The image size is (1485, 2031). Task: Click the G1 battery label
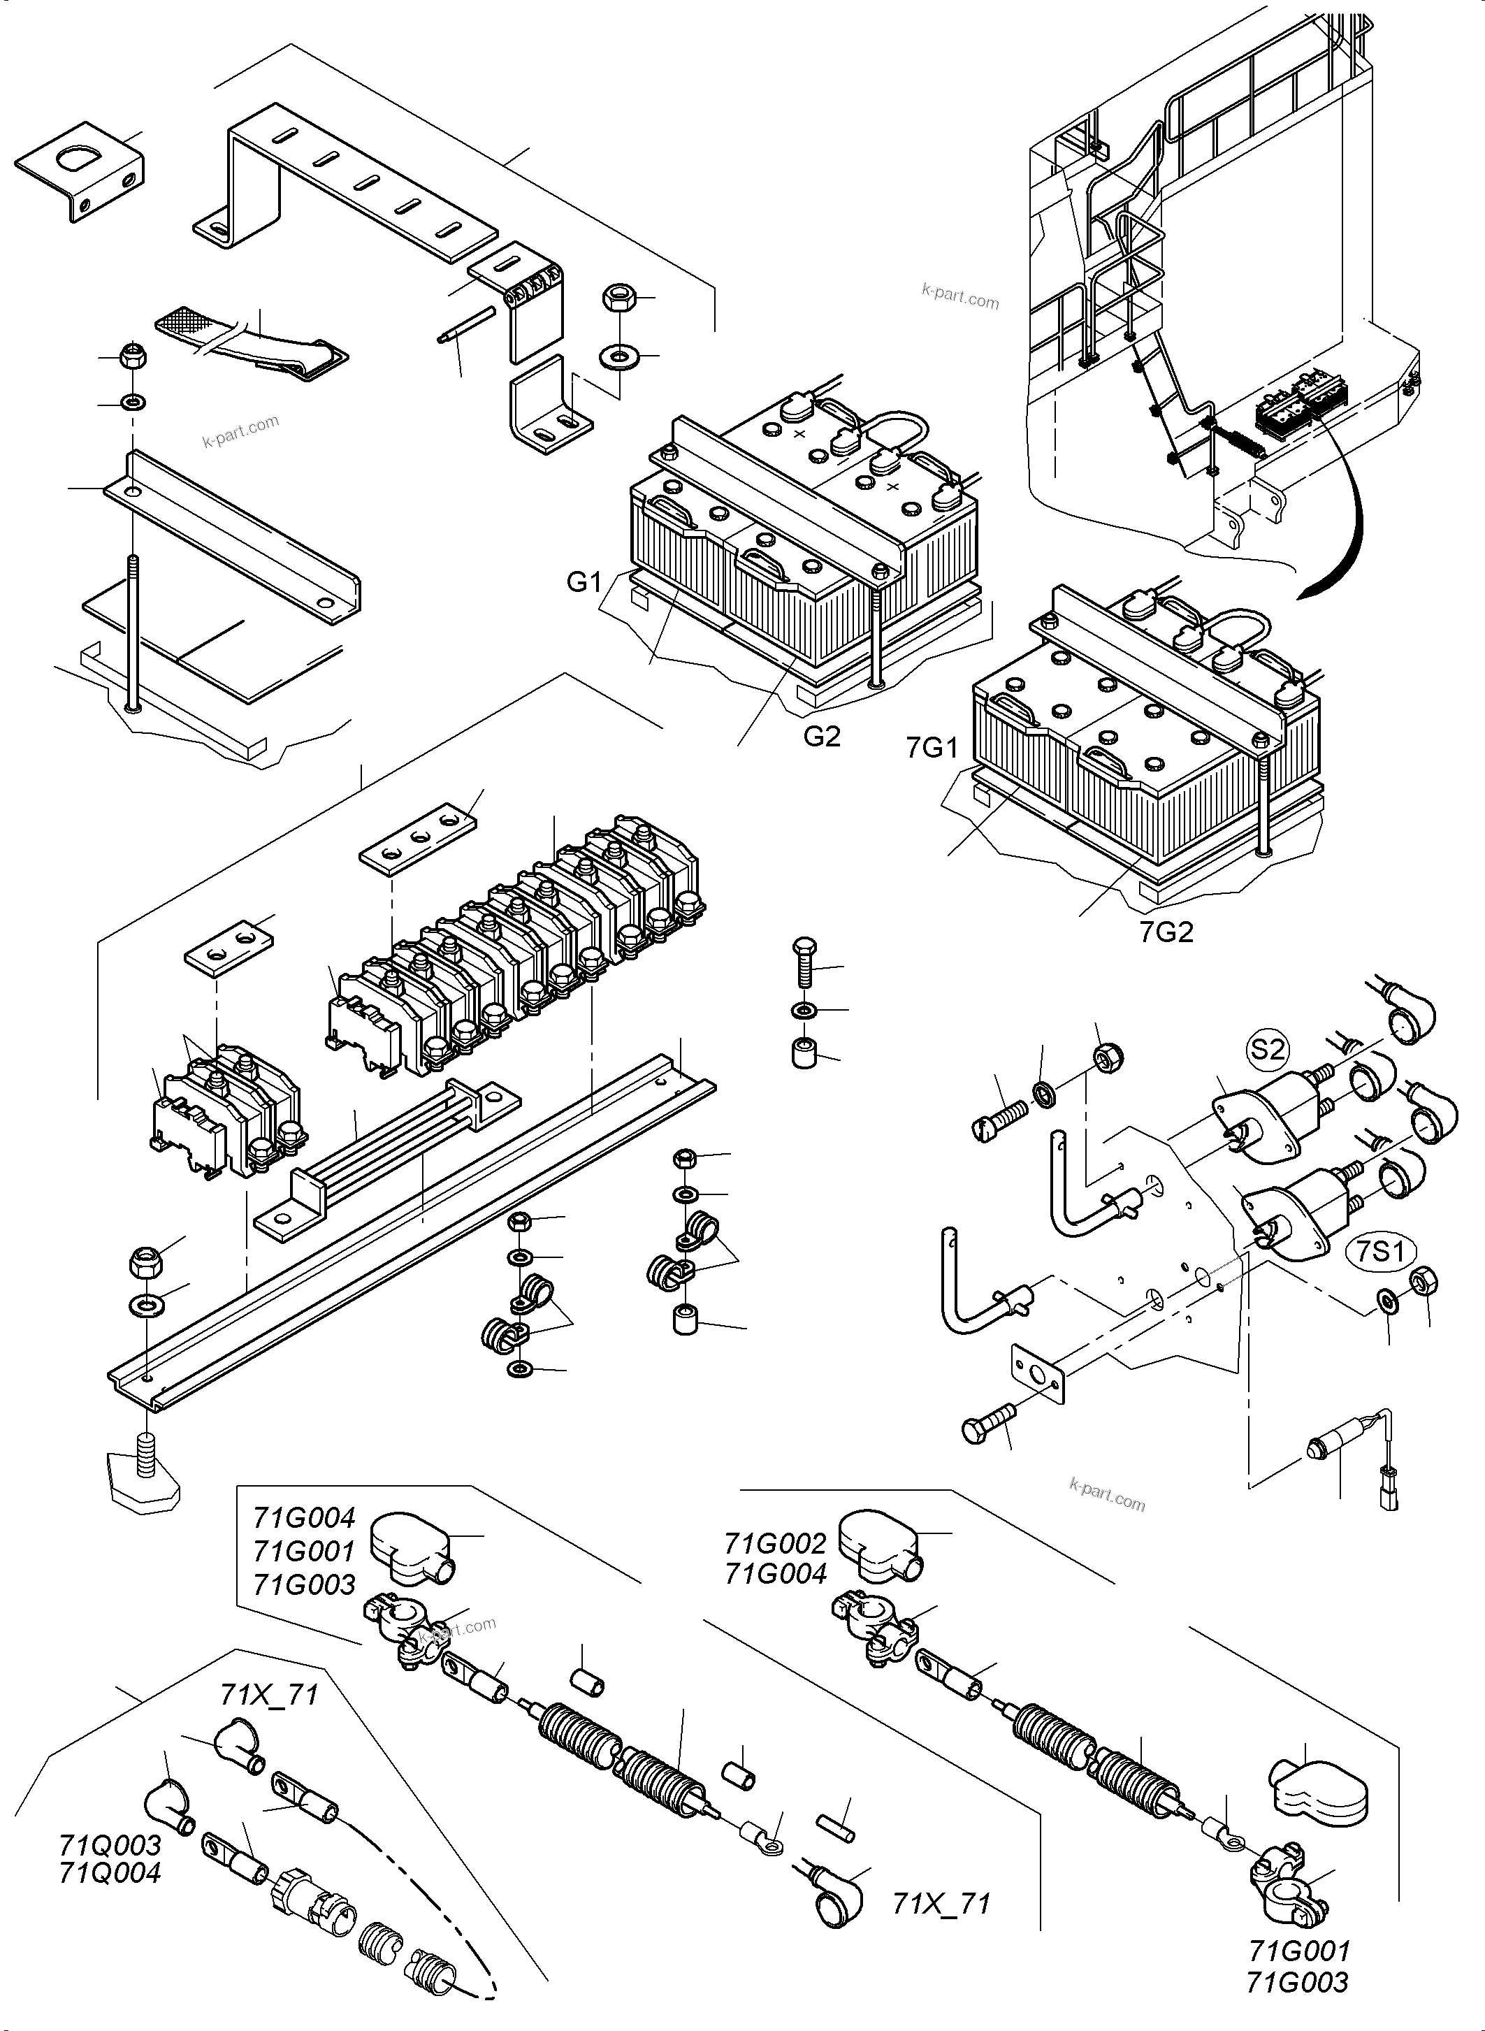(x=584, y=583)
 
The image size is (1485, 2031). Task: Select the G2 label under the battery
(x=822, y=737)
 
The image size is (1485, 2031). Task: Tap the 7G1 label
(x=933, y=747)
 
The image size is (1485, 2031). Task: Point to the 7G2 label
(x=1166, y=932)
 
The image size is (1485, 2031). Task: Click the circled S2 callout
(x=1268, y=1048)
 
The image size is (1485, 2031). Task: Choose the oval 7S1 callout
(x=1381, y=1252)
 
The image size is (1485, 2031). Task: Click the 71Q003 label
(x=110, y=1845)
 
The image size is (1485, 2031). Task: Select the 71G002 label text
(x=775, y=1544)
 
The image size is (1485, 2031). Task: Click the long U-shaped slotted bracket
(x=346, y=180)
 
